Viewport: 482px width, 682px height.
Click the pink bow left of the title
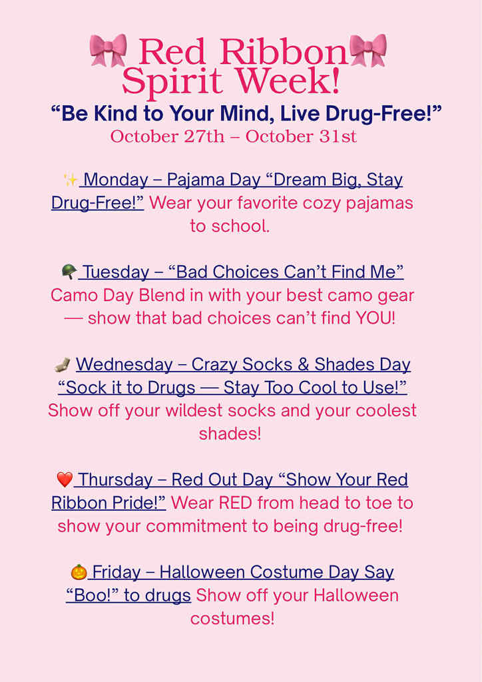point(108,51)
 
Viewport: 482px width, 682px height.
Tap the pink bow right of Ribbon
point(368,51)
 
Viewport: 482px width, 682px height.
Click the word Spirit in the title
point(172,81)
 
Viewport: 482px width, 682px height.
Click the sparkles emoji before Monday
point(71,180)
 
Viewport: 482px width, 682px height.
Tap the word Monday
point(116,180)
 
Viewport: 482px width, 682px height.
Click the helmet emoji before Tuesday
point(69,272)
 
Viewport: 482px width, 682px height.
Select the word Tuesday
point(117,272)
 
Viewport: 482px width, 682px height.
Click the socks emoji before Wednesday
point(63,365)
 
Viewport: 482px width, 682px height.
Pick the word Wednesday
point(124,365)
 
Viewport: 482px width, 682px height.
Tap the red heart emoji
point(65,480)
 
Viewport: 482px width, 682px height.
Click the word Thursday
point(115,480)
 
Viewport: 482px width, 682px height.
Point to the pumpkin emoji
point(79,572)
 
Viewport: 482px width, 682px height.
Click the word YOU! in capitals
point(375,318)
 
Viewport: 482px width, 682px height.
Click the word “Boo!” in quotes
point(93,595)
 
